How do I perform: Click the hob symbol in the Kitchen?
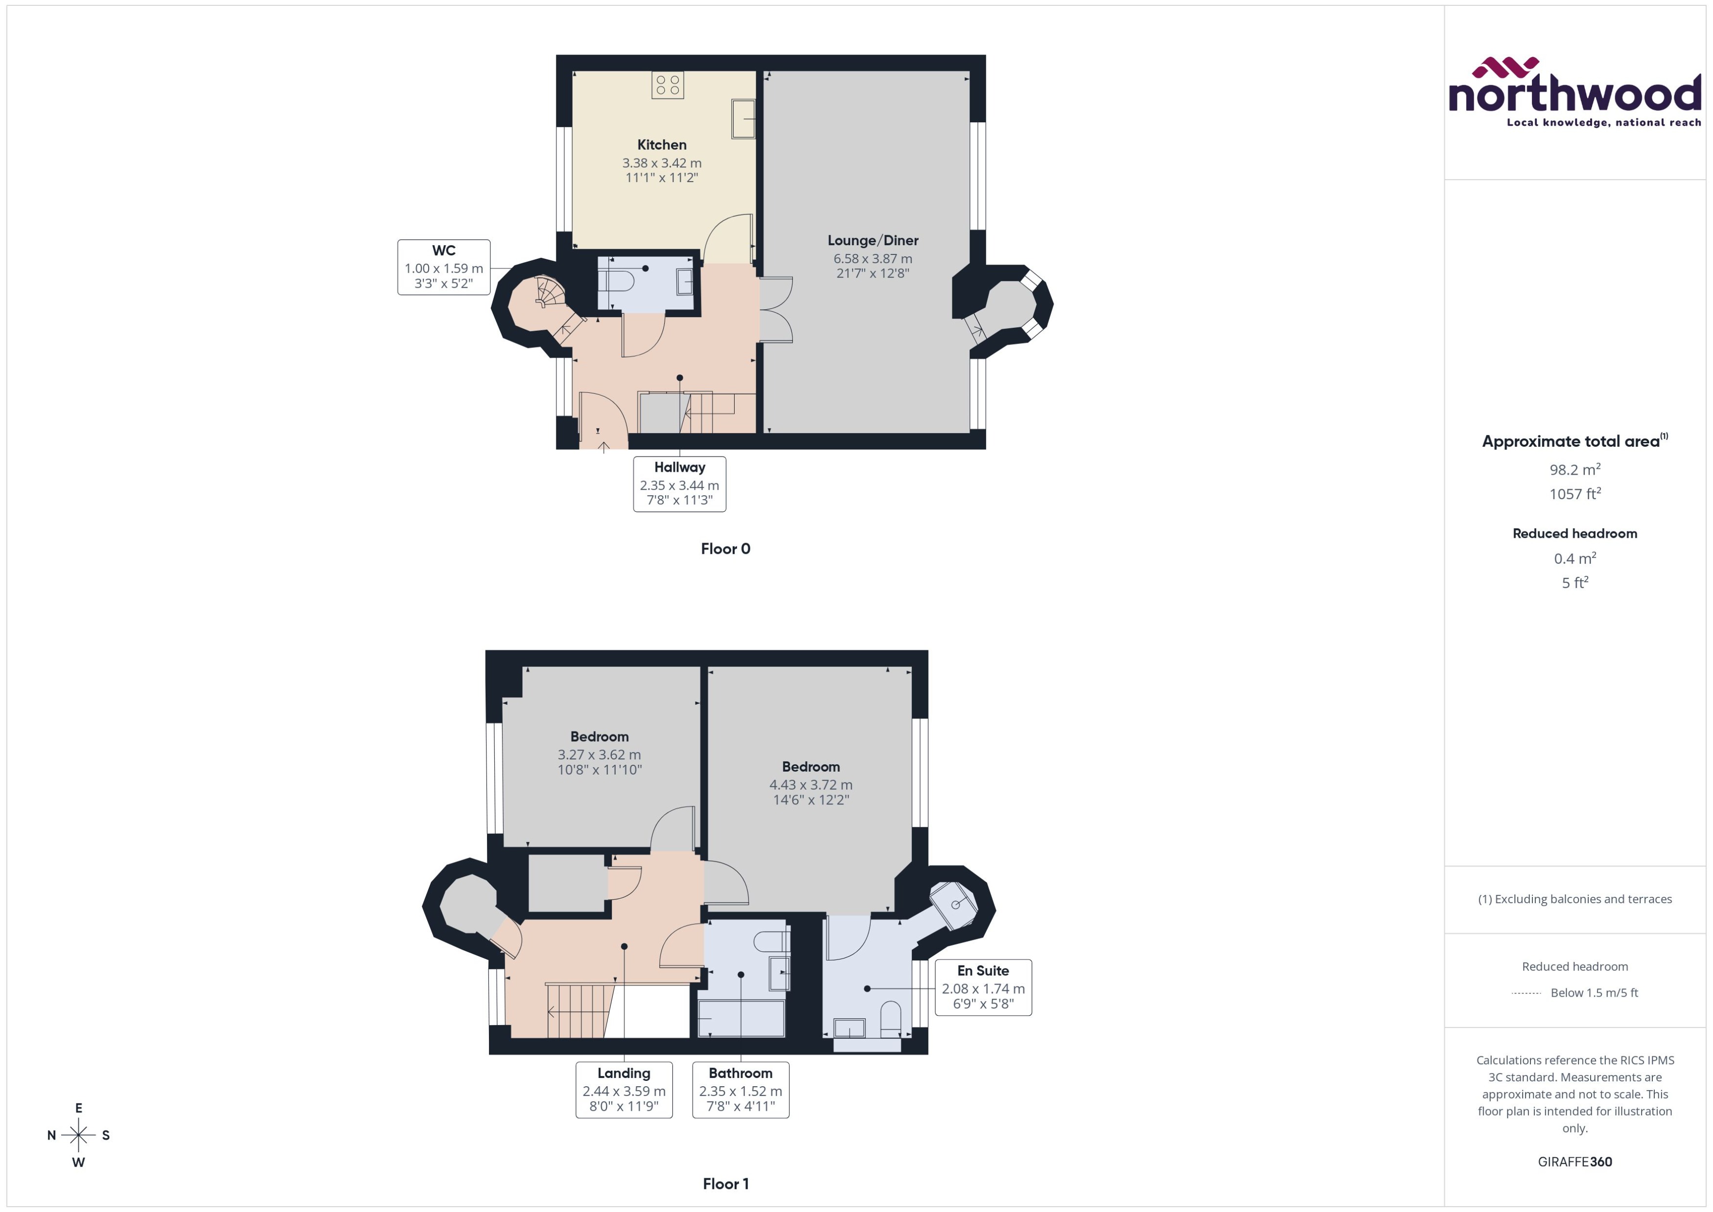pyautogui.click(x=667, y=85)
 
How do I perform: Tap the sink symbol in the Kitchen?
pyautogui.click(x=742, y=119)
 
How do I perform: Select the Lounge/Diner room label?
pyautogui.click(x=873, y=240)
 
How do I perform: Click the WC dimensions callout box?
pyautogui.click(x=443, y=267)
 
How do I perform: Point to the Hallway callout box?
pyautogui.click(x=679, y=483)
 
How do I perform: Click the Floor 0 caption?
pyautogui.click(x=725, y=549)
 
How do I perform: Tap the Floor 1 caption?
pyautogui.click(x=725, y=1184)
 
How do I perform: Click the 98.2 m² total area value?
pyautogui.click(x=1575, y=469)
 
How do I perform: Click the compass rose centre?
pyautogui.click(x=78, y=1135)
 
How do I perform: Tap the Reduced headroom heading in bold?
pyautogui.click(x=1575, y=534)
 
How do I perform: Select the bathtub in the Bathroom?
pyautogui.click(x=741, y=1018)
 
